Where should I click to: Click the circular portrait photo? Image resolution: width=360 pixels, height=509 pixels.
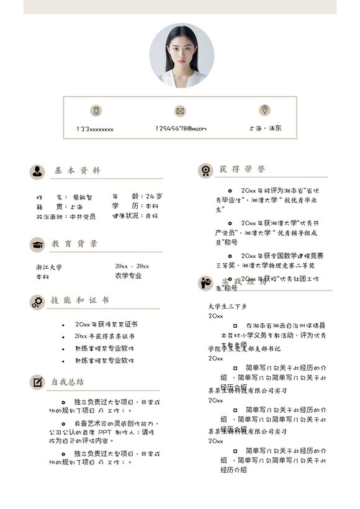[x=181, y=56]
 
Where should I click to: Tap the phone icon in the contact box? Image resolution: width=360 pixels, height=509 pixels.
[x=96, y=110]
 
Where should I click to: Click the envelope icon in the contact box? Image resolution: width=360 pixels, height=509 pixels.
[x=180, y=110]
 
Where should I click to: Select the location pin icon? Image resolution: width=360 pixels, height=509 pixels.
[x=264, y=110]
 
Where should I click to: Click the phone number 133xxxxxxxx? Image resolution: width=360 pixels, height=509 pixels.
[x=95, y=129]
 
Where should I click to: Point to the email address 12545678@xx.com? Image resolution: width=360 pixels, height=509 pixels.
[x=180, y=128]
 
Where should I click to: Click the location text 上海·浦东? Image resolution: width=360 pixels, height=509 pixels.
[x=265, y=128]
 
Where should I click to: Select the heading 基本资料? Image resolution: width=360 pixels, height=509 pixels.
[x=76, y=171]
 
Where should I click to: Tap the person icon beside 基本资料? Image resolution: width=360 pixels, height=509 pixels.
[x=37, y=171]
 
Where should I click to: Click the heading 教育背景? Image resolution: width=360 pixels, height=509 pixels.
[x=74, y=244]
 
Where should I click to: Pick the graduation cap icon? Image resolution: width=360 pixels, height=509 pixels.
[x=37, y=245]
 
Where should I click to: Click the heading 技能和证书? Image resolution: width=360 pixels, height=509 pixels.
[x=80, y=300]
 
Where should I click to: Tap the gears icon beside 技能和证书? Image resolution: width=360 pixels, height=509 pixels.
[x=37, y=302]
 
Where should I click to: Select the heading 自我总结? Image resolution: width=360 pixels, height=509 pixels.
[x=68, y=382]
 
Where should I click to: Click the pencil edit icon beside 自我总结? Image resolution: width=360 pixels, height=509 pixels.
[x=37, y=382]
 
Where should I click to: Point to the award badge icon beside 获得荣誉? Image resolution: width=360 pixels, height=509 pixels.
[x=205, y=170]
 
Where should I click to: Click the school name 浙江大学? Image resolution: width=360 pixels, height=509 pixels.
[x=49, y=266]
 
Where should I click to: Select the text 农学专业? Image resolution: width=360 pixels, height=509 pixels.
[x=128, y=276]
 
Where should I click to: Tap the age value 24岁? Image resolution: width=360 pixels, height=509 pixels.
[x=155, y=196]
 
